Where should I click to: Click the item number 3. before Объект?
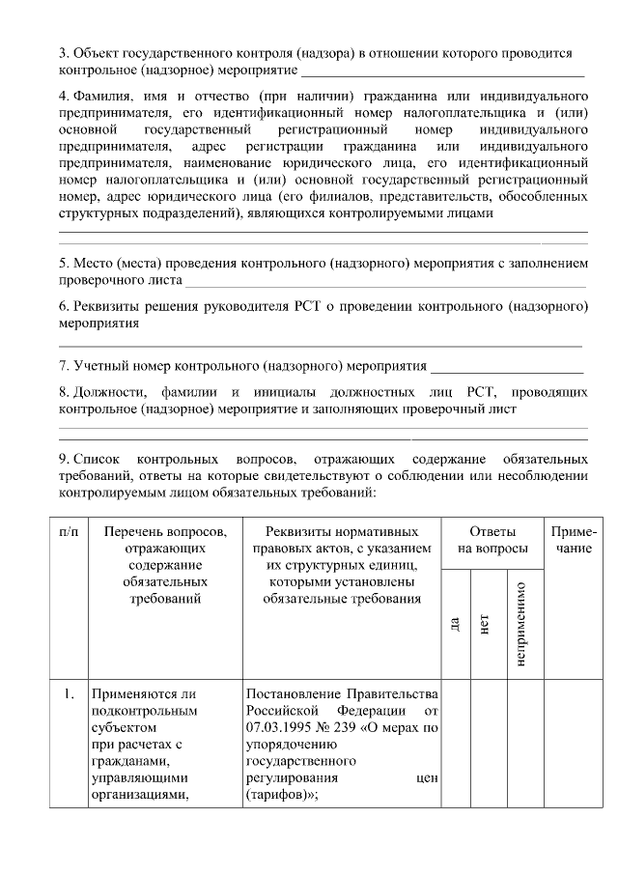coord(64,54)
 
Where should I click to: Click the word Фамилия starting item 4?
coord(101,98)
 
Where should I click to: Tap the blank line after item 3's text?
coord(443,72)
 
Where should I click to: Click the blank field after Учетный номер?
coord(506,368)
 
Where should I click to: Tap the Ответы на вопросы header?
coord(492,540)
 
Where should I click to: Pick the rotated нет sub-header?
coord(486,624)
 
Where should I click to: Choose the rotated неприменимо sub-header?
coord(521,624)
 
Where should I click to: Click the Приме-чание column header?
coord(573,540)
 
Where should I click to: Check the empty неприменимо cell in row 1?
coord(521,744)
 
